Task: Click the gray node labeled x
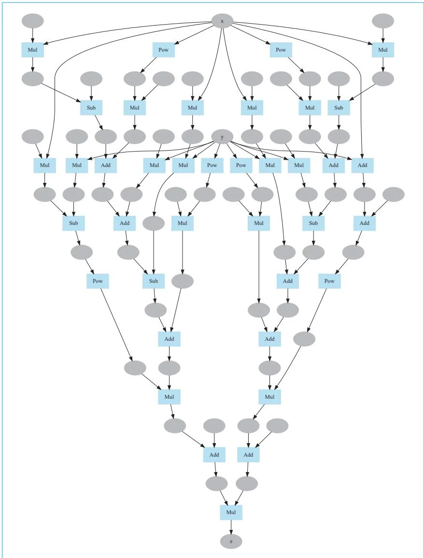(x=222, y=21)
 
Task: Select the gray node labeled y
(x=222, y=137)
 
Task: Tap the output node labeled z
(x=231, y=542)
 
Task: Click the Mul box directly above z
(x=231, y=512)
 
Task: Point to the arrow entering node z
(x=231, y=528)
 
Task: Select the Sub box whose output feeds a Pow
(x=73, y=223)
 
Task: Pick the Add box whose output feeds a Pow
(x=364, y=223)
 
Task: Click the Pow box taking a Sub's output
(x=98, y=281)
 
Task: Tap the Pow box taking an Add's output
(x=329, y=281)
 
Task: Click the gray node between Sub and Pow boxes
(x=81, y=252)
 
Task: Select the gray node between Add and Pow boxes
(x=353, y=252)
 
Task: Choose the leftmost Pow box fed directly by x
(x=163, y=50)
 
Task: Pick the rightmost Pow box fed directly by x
(x=281, y=50)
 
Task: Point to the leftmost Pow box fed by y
(x=212, y=165)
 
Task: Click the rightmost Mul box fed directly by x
(x=383, y=50)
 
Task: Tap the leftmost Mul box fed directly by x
(x=32, y=50)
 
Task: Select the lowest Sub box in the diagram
(x=154, y=281)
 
